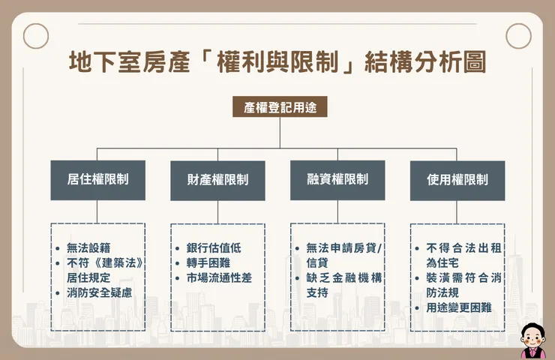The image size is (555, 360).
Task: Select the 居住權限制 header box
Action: click(x=97, y=180)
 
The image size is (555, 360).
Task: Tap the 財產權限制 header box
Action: click(x=217, y=180)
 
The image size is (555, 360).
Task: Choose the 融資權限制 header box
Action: click(x=337, y=180)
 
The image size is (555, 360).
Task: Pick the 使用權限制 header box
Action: click(x=457, y=180)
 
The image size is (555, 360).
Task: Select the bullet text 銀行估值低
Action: click(x=214, y=248)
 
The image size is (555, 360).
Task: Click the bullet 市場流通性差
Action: click(x=220, y=278)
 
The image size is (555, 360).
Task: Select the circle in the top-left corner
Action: click(x=36, y=35)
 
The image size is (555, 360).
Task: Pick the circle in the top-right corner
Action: click(x=518, y=35)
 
